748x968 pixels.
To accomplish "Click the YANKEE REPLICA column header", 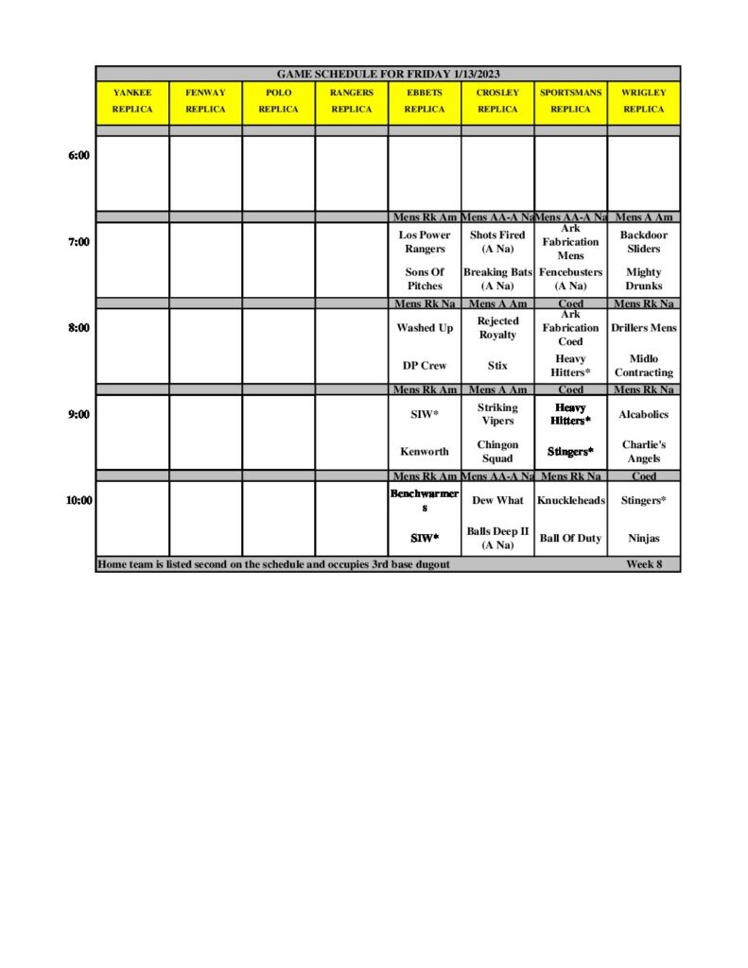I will pos(132,101).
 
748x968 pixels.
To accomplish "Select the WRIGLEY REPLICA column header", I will pos(643,101).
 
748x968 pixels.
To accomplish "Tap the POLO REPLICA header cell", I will pos(278,101).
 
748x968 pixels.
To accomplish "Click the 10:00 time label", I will pos(78,500).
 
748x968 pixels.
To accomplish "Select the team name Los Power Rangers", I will pos(425,242).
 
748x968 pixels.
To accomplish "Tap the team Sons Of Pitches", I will pos(425,279).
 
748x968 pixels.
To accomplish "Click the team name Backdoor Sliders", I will pos(643,242).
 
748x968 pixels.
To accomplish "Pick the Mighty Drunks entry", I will pos(643,279).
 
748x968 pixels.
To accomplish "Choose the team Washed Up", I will pos(425,328).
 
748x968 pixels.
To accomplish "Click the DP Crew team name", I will pos(425,365).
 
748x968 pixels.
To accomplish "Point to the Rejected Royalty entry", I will pos(497,328).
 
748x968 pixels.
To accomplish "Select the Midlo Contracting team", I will pos(643,366).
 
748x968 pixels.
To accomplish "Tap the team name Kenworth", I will pos(425,452).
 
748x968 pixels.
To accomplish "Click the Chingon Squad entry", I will pos(497,452).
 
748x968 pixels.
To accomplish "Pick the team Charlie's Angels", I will pos(643,452).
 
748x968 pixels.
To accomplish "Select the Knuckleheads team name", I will pos(570,501).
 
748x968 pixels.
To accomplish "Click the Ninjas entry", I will pos(643,539).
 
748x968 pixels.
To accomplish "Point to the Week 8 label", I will pos(643,564).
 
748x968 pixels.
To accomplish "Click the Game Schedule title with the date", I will pos(388,74).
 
